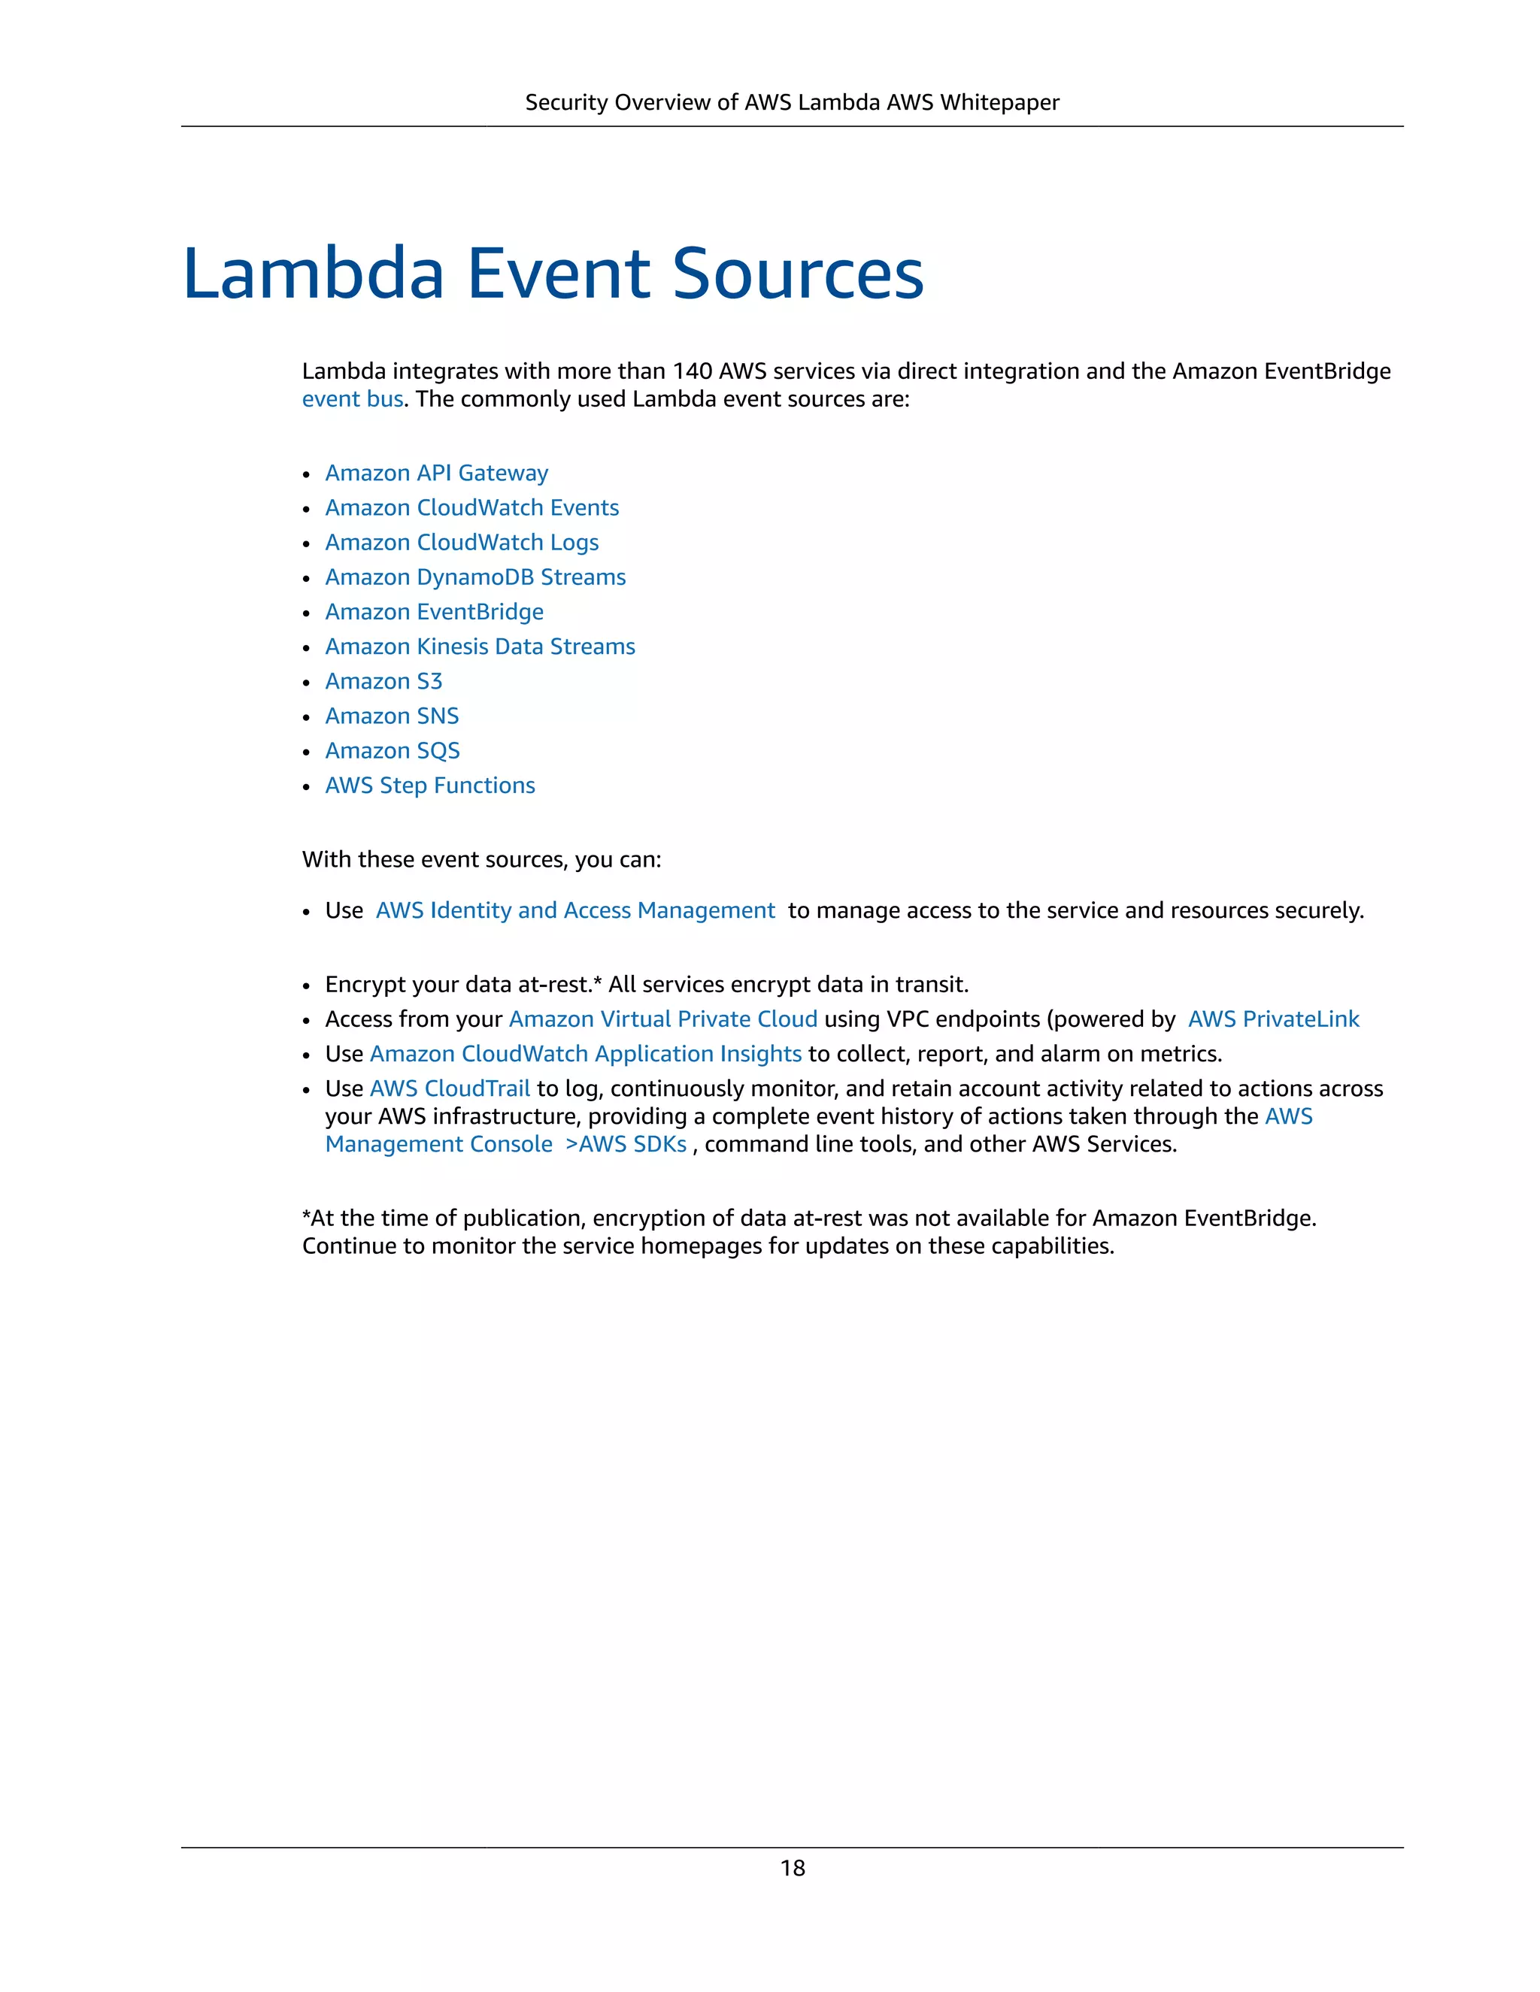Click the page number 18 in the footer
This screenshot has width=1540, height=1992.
792,1868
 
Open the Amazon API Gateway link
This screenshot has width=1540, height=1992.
436,473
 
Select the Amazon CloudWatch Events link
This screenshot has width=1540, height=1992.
471,507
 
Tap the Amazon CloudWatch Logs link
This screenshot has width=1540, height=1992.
462,542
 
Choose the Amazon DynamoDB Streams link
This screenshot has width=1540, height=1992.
475,577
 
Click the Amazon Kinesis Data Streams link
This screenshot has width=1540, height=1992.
480,646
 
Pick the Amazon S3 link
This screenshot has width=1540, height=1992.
383,680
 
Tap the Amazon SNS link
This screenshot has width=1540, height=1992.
391,715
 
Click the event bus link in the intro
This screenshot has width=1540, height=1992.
352,398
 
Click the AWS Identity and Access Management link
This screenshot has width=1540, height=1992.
574,910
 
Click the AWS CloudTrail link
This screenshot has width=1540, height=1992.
449,1088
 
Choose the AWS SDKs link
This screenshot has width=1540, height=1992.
632,1144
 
